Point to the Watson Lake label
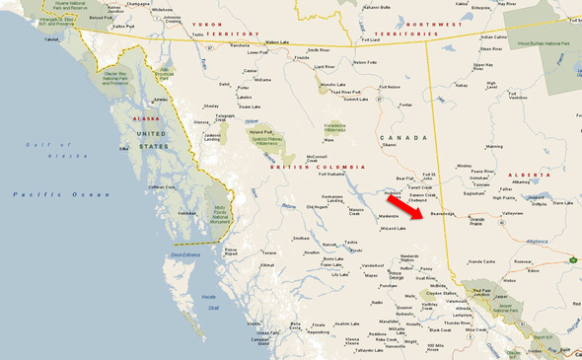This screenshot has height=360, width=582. point(280,43)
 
